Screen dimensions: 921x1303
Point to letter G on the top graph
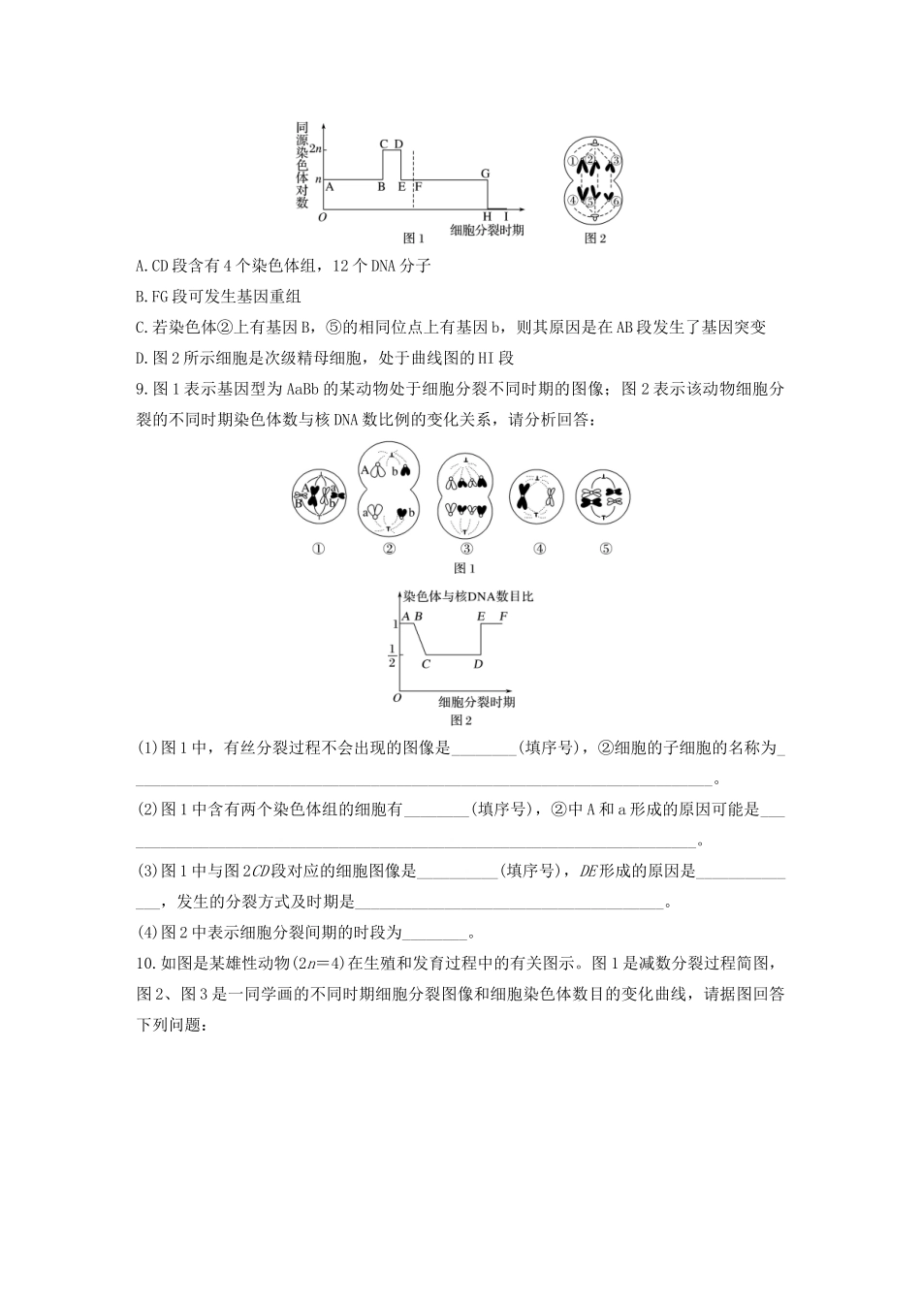[485, 174]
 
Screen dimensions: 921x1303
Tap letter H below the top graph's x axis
[488, 217]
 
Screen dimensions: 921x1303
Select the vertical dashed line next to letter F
[414, 179]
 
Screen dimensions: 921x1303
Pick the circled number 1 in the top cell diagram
[573, 161]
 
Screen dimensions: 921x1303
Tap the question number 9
[143, 389]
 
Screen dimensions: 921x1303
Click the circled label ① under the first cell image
[318, 549]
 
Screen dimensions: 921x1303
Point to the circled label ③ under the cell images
[466, 549]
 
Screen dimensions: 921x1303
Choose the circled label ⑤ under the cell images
[605, 549]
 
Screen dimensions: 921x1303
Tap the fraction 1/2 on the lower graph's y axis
[392, 655]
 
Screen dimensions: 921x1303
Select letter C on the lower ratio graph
[425, 665]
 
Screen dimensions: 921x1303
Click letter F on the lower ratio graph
[503, 616]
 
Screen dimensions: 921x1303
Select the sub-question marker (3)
[147, 872]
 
